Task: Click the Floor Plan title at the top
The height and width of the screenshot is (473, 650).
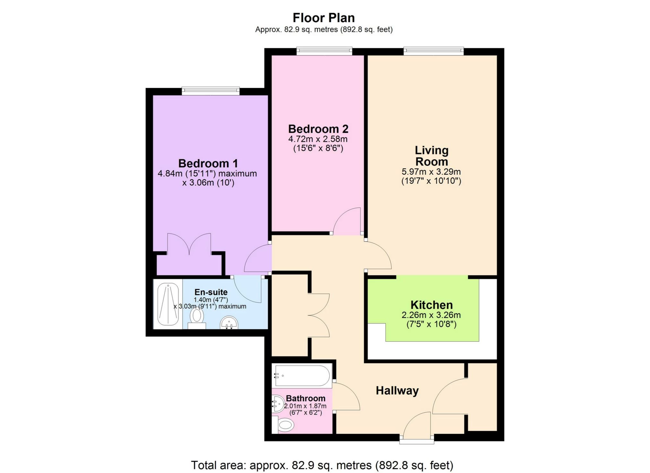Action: (x=324, y=18)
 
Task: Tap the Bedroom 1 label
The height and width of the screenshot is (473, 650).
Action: (x=208, y=163)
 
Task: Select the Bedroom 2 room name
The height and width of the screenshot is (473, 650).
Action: (x=318, y=129)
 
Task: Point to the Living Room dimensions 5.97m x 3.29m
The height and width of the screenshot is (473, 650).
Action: (x=431, y=171)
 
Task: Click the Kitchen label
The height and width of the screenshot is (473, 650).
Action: (x=431, y=304)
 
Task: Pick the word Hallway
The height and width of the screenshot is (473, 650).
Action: (x=397, y=390)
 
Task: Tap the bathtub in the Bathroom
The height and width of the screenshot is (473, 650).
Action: (x=302, y=376)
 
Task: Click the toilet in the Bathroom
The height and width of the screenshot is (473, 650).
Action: (x=285, y=426)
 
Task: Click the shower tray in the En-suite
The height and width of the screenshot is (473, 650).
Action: (x=168, y=304)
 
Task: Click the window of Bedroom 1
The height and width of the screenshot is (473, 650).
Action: (x=211, y=91)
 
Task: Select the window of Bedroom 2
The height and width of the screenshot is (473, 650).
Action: (x=324, y=51)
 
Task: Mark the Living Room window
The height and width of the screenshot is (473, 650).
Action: (x=433, y=51)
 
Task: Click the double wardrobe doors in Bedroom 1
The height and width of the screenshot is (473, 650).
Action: (x=189, y=245)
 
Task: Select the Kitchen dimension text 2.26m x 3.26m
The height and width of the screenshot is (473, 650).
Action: (x=431, y=315)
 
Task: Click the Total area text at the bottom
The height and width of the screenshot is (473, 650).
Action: (x=322, y=465)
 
